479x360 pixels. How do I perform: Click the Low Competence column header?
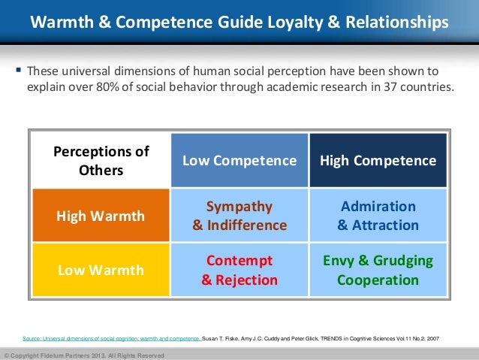pyautogui.click(x=239, y=161)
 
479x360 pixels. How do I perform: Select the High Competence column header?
pyautogui.click(x=378, y=161)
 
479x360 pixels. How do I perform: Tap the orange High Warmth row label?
pyautogui.click(x=101, y=216)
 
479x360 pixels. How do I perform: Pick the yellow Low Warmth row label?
pyautogui.click(x=101, y=271)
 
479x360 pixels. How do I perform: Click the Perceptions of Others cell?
pyautogui.click(x=101, y=161)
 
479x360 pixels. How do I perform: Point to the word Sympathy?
pyautogui.click(x=239, y=207)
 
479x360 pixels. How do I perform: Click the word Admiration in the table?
pyautogui.click(x=378, y=207)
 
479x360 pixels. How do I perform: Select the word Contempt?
pyautogui.click(x=239, y=262)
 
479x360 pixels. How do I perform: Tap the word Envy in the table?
pyautogui.click(x=339, y=262)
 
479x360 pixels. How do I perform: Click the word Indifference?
pyautogui.click(x=246, y=225)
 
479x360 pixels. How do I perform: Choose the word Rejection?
pyautogui.click(x=246, y=280)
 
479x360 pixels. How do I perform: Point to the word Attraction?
pyautogui.click(x=384, y=225)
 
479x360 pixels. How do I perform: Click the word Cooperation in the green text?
pyautogui.click(x=378, y=280)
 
